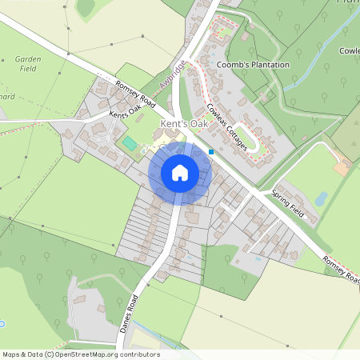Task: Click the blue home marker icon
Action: pos(180,173)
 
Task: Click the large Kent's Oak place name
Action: pos(185,125)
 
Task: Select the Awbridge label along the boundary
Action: pos(172,76)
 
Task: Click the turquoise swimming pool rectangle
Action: pos(130,142)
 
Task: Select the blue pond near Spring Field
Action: pos(322,198)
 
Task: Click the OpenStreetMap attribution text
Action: pos(80,354)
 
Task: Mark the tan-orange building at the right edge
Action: pos(342,168)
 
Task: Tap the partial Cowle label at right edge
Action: pos(349,50)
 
